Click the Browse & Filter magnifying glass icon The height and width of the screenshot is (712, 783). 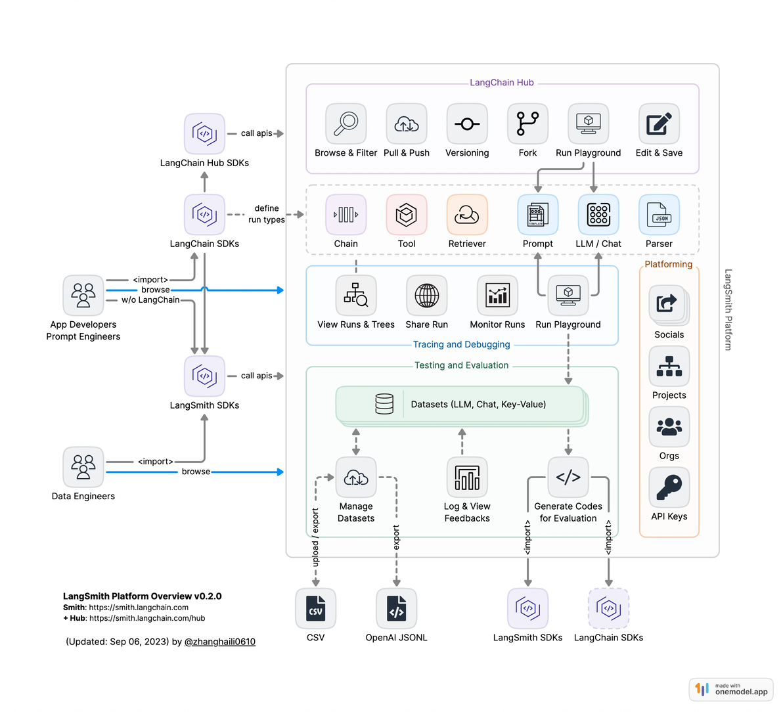(x=346, y=123)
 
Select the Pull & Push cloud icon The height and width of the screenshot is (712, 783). (x=406, y=123)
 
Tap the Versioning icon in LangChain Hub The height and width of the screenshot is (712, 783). (x=467, y=123)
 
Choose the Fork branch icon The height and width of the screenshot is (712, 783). (x=527, y=123)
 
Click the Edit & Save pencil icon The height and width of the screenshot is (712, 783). (x=659, y=123)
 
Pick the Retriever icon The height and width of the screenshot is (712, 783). (x=467, y=215)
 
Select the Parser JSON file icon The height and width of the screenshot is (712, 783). (x=659, y=215)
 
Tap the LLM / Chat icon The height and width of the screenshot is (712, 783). (x=598, y=215)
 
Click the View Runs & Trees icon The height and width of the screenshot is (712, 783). (x=356, y=296)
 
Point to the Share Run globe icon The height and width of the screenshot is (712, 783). (x=426, y=296)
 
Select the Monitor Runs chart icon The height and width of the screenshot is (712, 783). (x=497, y=296)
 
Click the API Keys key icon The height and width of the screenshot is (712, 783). (x=669, y=487)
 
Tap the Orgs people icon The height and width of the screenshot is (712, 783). (x=669, y=427)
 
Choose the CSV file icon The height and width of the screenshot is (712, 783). (x=315, y=608)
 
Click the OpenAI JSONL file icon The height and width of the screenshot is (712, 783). (x=396, y=608)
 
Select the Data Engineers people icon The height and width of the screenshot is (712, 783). (x=83, y=467)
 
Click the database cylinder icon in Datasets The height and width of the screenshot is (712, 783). (x=384, y=404)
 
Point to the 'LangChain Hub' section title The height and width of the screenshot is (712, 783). (x=502, y=83)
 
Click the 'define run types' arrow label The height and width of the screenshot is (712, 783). (x=267, y=214)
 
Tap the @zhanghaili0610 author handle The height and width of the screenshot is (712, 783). (x=220, y=642)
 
